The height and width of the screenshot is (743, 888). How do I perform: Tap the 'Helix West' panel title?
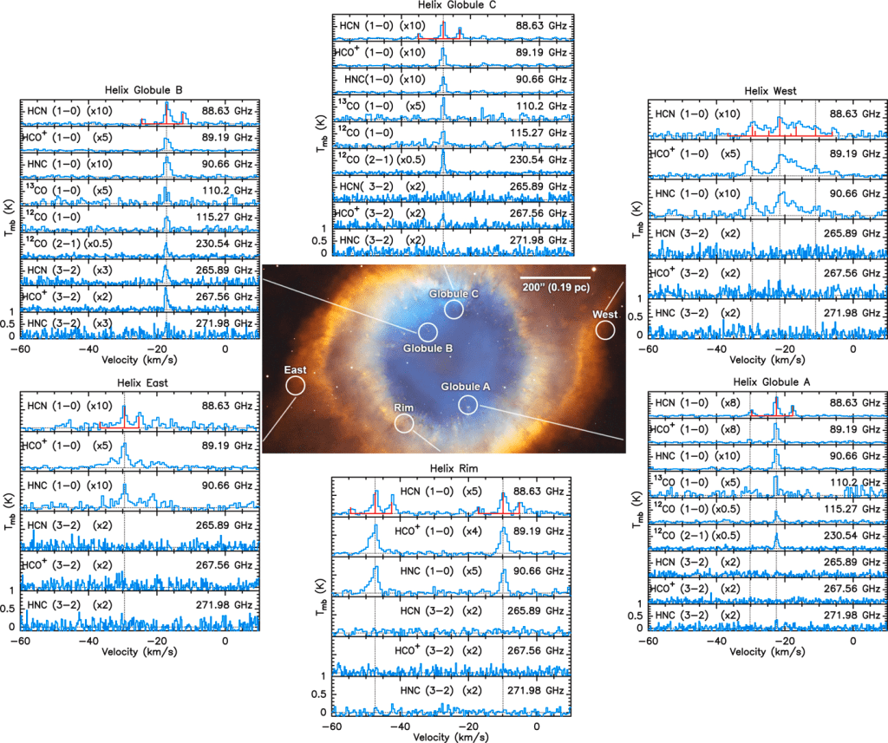click(770, 90)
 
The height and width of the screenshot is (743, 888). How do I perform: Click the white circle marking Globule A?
click(467, 404)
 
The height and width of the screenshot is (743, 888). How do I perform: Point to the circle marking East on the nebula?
click(295, 385)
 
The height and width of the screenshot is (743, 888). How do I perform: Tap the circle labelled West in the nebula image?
click(604, 330)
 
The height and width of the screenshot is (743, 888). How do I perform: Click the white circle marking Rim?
click(404, 423)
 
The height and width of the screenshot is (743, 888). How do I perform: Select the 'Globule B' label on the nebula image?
click(428, 349)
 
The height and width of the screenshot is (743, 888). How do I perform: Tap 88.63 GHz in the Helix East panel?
click(228, 405)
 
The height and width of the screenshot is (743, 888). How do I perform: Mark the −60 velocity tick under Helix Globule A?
click(647, 640)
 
